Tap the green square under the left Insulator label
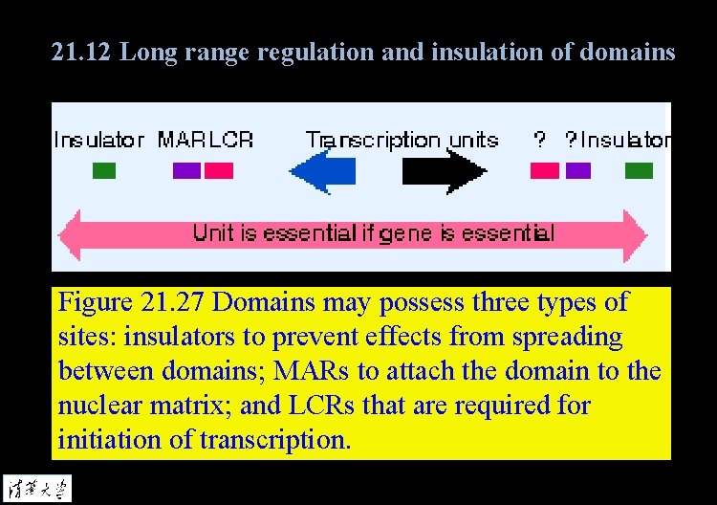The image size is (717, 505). (103, 171)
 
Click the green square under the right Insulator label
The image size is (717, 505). (639, 171)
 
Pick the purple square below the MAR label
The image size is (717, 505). (186, 170)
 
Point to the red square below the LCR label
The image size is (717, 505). (219, 170)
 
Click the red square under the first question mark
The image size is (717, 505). (545, 170)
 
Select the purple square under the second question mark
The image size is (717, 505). (577, 170)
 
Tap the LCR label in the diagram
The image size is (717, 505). (230, 141)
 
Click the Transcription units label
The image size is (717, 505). (402, 141)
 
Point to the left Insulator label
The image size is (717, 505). (98, 141)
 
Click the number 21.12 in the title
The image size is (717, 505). (82, 52)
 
